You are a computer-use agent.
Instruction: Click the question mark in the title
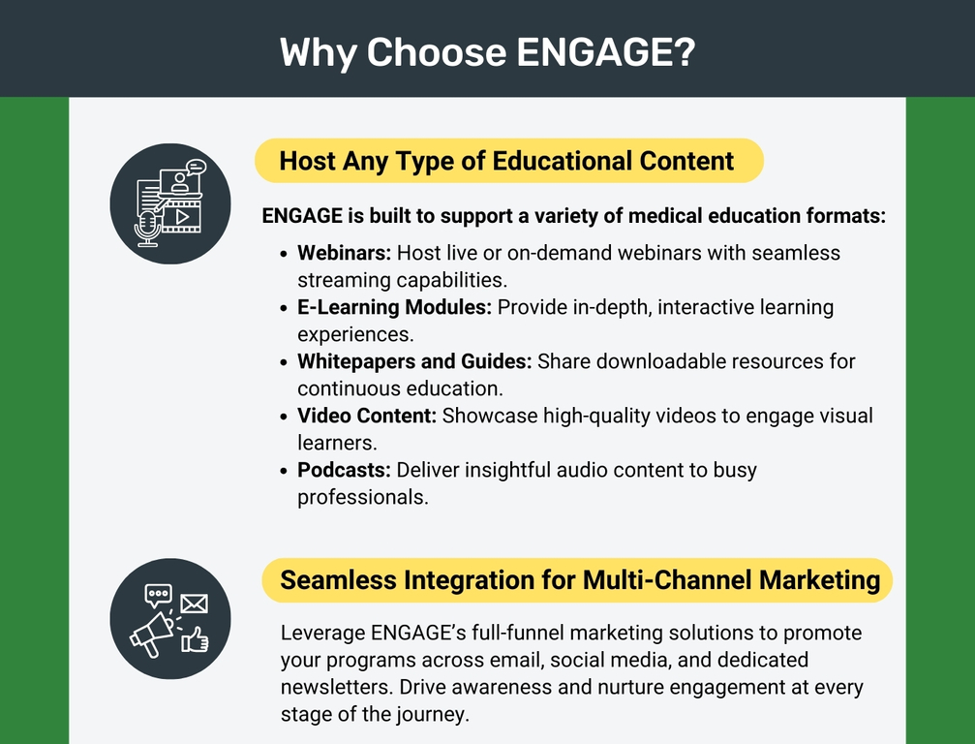coord(684,51)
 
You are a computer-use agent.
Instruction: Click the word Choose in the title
coord(436,51)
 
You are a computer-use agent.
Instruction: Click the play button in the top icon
coord(182,217)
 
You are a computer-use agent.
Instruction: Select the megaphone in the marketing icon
coord(151,635)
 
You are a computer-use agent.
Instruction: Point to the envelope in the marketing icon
coord(194,604)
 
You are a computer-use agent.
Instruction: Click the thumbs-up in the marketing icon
coord(195,639)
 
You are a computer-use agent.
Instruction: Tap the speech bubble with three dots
coord(158,596)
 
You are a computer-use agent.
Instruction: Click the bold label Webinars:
coord(344,253)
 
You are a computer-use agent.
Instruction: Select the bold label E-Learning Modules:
coord(394,307)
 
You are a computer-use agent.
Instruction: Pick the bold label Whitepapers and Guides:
coord(414,361)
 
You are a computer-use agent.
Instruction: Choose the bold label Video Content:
coord(367,416)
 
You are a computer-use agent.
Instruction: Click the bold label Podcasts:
coord(344,470)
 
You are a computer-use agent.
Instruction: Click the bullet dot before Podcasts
coord(284,471)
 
